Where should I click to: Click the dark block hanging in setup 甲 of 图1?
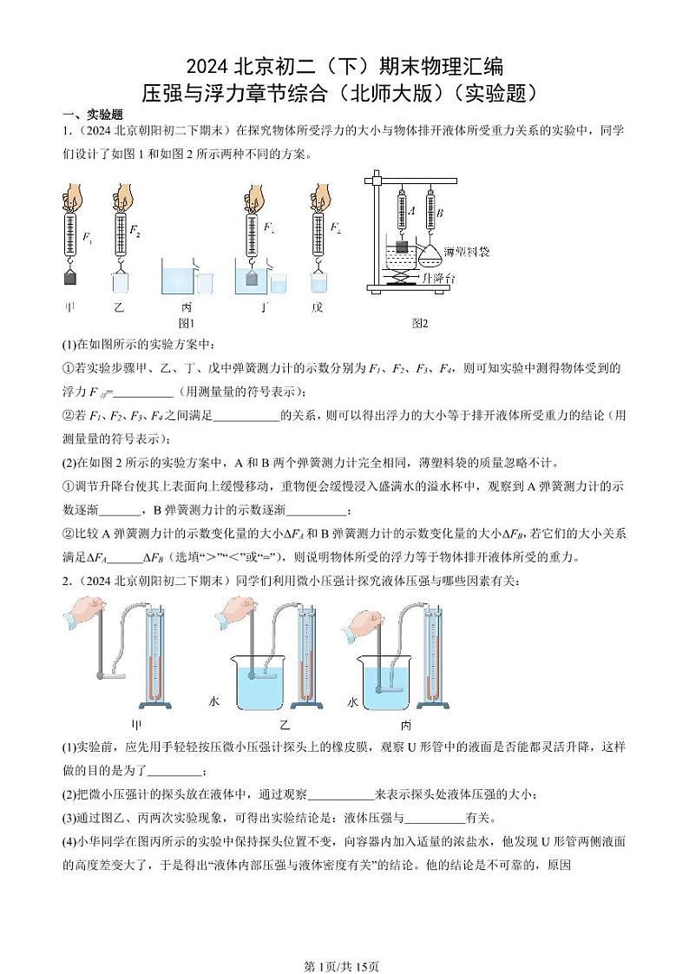click(x=71, y=279)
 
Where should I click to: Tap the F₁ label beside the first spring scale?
click(x=87, y=235)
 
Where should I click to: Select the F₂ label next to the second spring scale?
click(x=135, y=230)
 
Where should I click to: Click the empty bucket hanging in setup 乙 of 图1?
click(x=120, y=282)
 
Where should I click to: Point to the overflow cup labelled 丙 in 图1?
click(x=180, y=281)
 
